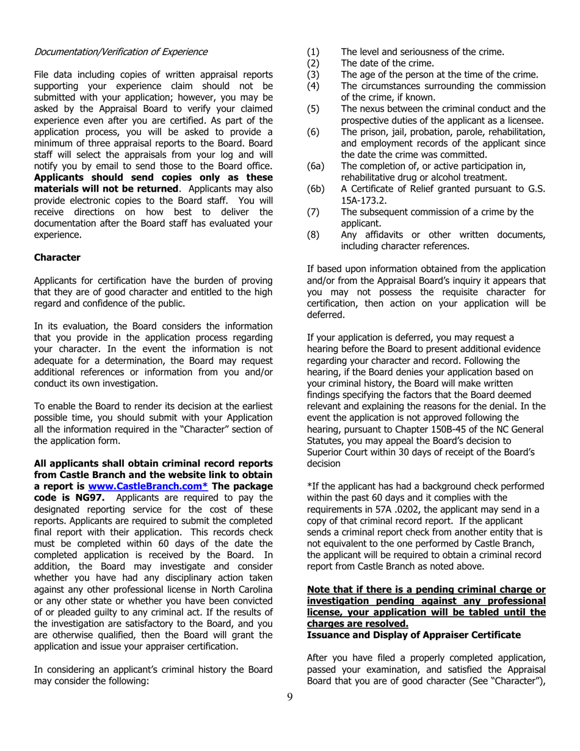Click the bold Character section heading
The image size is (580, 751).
pyautogui.click(x=57, y=257)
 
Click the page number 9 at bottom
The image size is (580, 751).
pyautogui.click(x=289, y=697)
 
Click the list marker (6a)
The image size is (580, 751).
pyautogui.click(x=315, y=166)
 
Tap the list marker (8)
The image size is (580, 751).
pyautogui.click(x=313, y=235)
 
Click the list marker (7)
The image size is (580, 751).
pyautogui.click(x=313, y=212)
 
